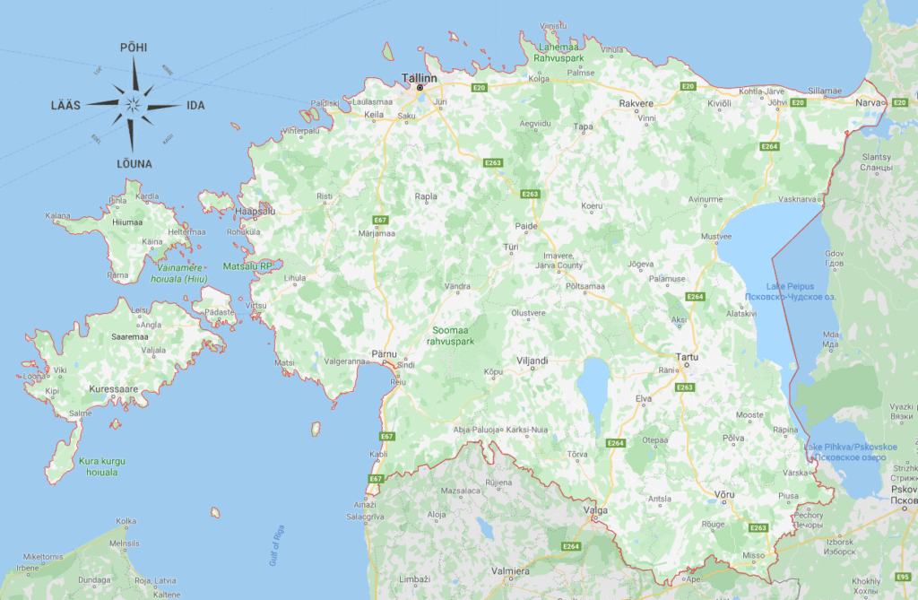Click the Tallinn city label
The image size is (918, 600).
click(420, 78)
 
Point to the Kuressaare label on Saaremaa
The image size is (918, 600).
click(113, 390)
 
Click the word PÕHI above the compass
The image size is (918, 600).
click(134, 47)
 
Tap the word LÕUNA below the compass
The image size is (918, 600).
click(134, 164)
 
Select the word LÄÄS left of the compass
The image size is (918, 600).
click(65, 106)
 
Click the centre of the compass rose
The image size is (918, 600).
click(133, 105)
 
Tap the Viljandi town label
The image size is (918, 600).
click(533, 361)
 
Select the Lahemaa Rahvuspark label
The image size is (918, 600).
click(559, 52)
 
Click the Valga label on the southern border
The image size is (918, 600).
click(595, 510)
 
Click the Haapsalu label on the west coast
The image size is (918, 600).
click(255, 211)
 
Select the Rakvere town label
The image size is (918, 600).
click(637, 104)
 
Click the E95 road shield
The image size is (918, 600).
click(902, 577)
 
